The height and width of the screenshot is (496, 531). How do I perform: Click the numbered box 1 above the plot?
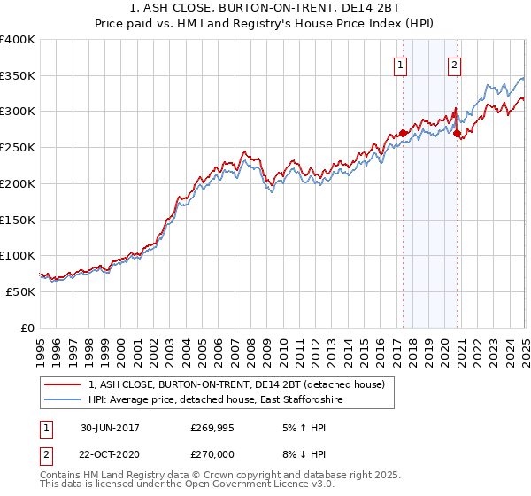401,64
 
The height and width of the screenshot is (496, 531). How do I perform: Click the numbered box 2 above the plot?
454,64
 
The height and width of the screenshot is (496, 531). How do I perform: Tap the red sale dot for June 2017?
404,133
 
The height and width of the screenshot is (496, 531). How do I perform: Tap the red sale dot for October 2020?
458,133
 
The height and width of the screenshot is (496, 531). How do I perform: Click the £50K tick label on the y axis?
21,291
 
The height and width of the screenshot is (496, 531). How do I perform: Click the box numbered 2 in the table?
47,456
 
